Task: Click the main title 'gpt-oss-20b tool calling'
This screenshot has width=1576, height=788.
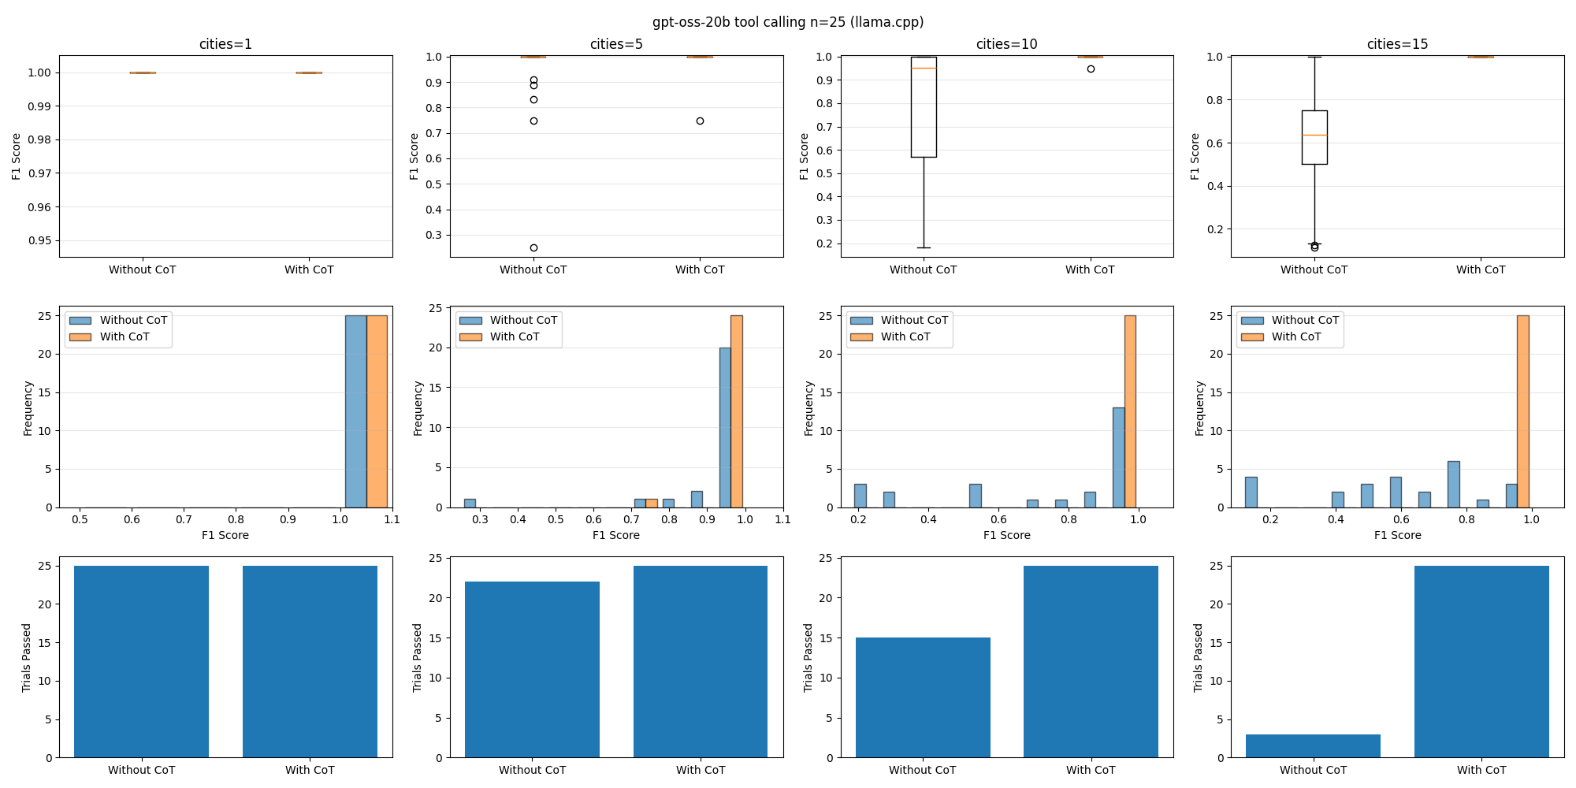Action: tap(787, 22)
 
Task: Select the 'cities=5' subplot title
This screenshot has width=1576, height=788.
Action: tap(616, 44)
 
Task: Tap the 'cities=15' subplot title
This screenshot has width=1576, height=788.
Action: tap(1397, 44)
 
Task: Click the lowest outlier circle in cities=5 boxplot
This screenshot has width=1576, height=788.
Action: tap(533, 247)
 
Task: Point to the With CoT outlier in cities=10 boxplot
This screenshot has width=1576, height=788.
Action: tap(1091, 69)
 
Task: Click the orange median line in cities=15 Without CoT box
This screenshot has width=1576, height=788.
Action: tap(1314, 136)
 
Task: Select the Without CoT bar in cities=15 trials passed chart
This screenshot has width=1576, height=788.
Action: tap(1313, 745)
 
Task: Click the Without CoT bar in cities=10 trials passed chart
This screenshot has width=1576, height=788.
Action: tap(923, 697)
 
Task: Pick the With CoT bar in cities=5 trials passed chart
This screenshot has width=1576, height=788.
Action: tap(701, 662)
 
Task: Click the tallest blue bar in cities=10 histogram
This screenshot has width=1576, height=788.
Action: tap(1118, 457)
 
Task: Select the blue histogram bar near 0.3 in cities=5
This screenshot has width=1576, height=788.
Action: tap(470, 503)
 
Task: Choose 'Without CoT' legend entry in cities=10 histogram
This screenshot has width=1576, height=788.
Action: tap(914, 320)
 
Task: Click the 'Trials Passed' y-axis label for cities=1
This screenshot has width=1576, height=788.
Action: tap(27, 658)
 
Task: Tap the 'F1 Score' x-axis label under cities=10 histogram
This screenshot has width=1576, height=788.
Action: tap(1006, 535)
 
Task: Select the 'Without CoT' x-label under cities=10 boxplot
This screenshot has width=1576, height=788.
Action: tap(923, 269)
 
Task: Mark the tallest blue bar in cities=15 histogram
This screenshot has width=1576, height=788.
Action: tap(1453, 484)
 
